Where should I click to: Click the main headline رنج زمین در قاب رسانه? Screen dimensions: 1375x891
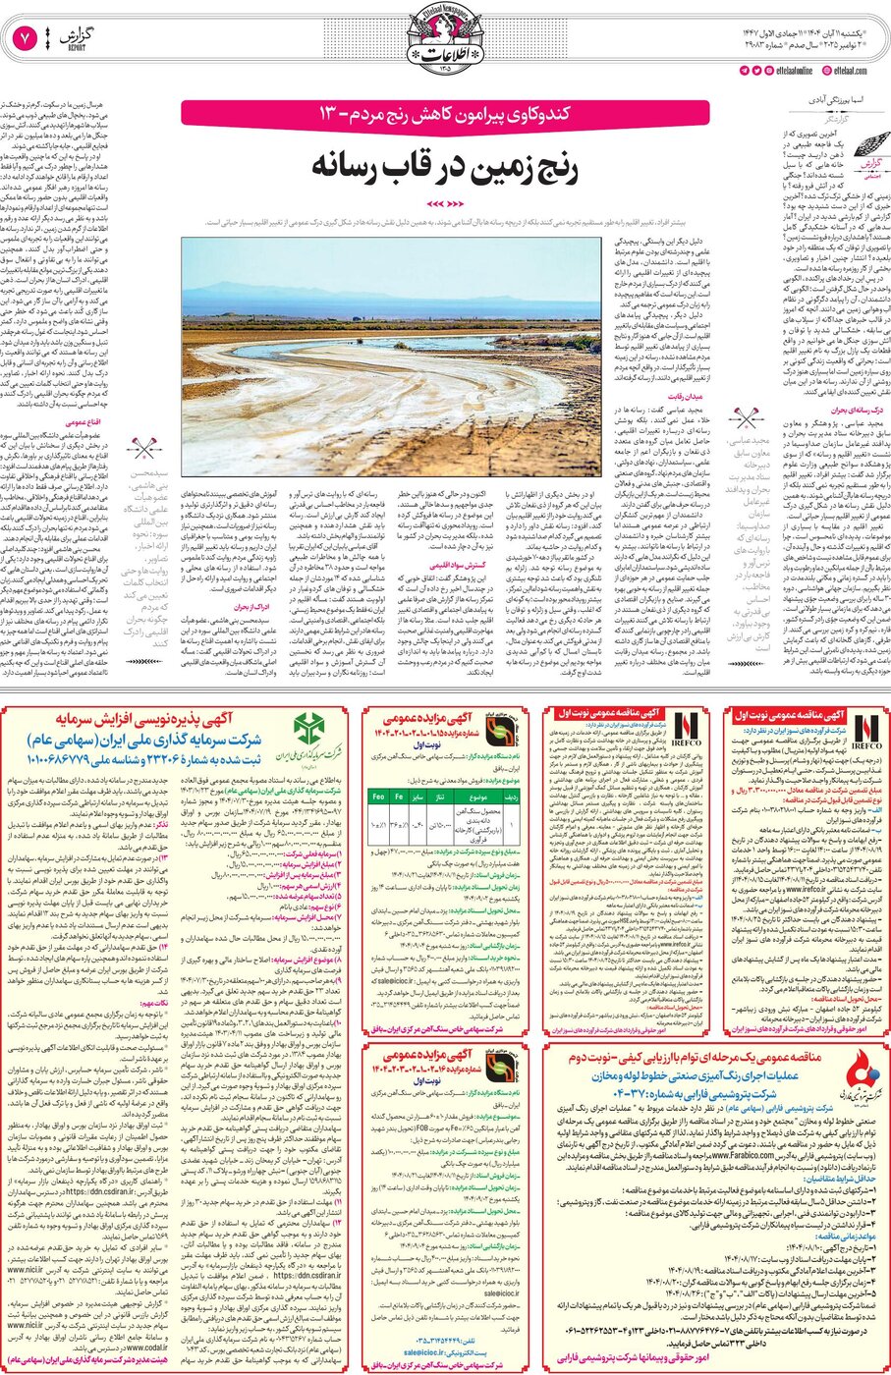tap(444, 166)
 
